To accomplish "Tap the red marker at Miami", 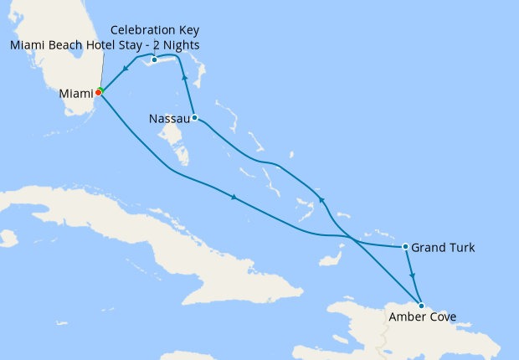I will point(98,92).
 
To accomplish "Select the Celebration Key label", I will point(155,30).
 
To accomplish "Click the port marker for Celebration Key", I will point(155,59).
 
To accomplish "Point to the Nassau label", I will point(168,118).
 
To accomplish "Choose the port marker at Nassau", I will point(194,117).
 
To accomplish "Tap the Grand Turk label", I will point(444,248).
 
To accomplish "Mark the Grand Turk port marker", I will point(406,247).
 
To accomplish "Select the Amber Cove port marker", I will point(421,306).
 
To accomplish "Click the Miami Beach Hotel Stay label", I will point(105,44).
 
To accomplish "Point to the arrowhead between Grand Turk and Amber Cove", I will point(412,275).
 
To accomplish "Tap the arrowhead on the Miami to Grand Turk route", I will point(233,198).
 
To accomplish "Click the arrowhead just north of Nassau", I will point(184,78).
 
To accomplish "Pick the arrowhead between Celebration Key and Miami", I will point(125,69).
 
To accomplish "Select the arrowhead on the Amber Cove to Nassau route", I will point(320,199).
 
